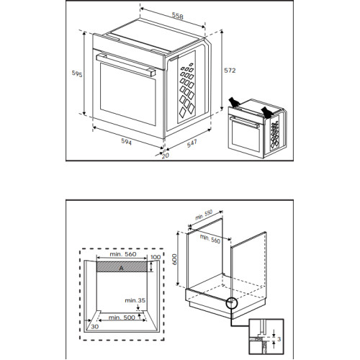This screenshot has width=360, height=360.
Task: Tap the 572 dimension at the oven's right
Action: click(230, 71)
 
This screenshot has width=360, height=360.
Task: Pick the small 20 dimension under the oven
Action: click(165, 154)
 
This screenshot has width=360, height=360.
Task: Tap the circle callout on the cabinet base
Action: click(233, 303)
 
